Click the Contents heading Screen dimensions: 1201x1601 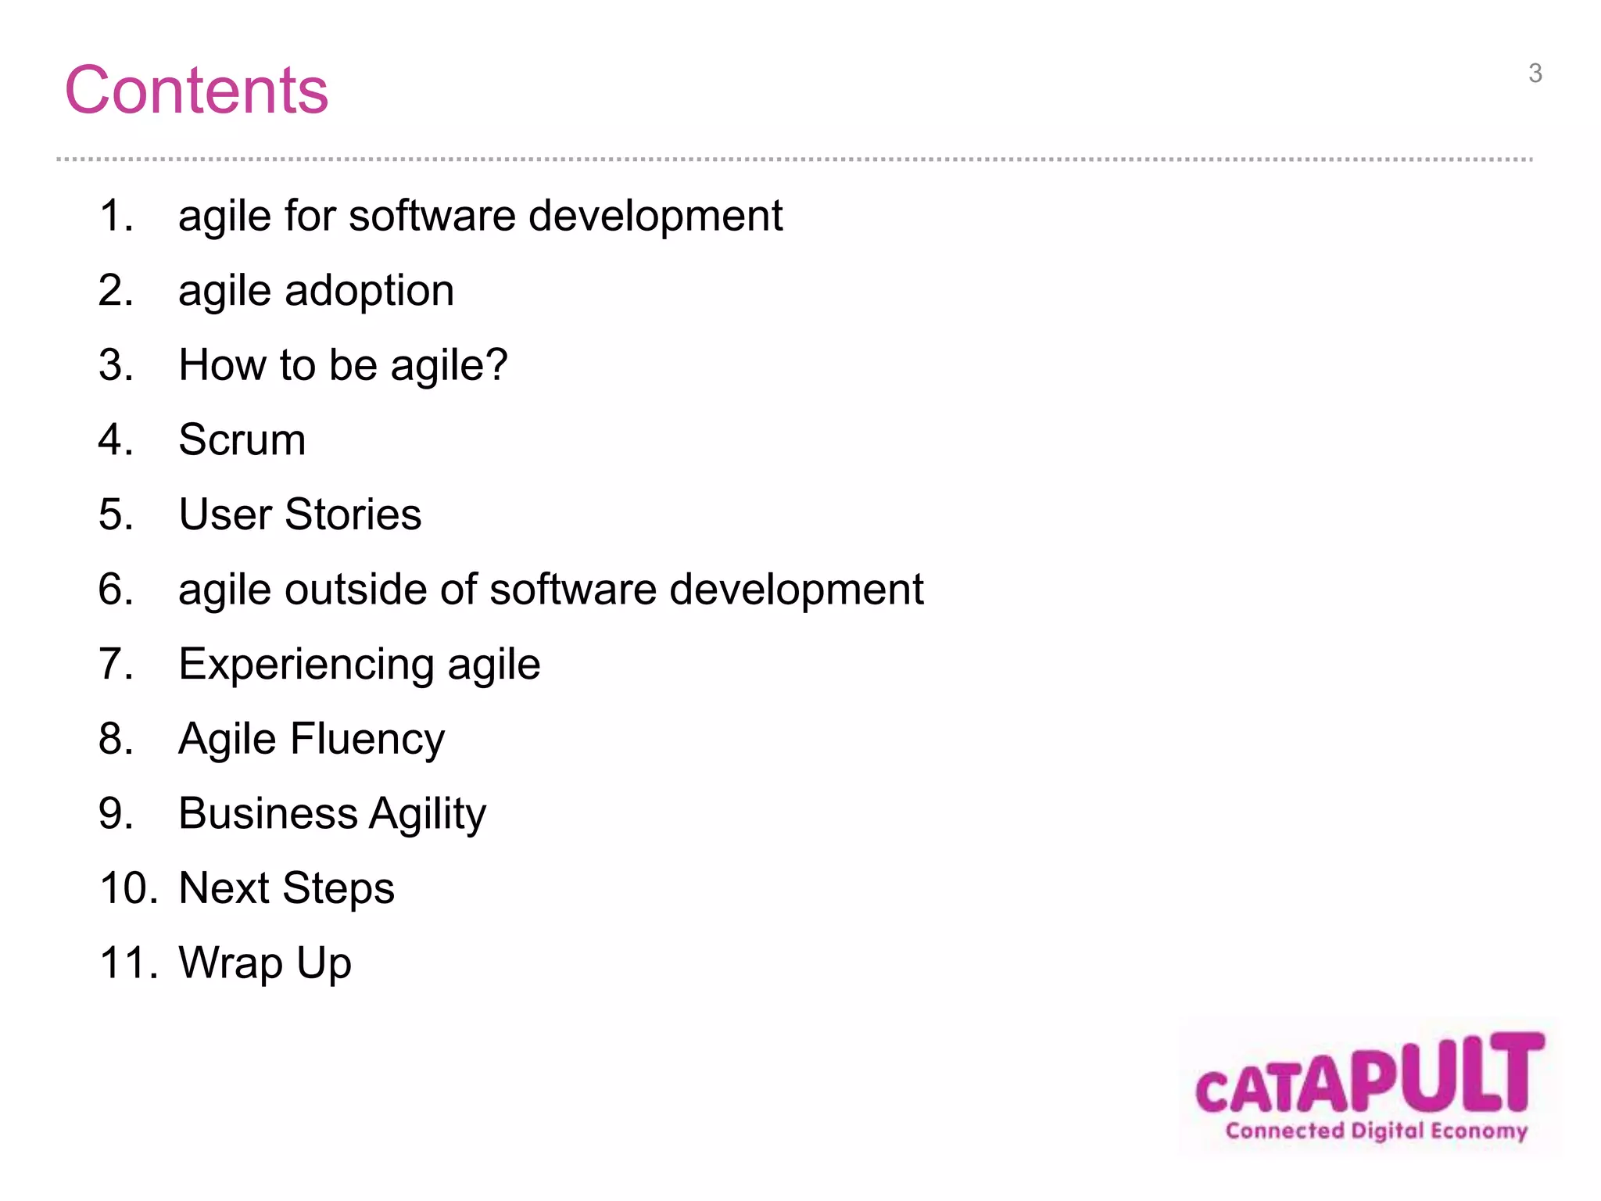tap(196, 90)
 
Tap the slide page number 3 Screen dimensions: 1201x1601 tap(1535, 73)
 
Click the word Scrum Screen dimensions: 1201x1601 tap(242, 439)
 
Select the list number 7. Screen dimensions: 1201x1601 tap(115, 664)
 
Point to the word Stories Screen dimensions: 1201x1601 tap(353, 514)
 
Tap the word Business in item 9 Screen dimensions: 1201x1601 tap(267, 814)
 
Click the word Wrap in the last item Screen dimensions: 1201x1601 tap(231, 963)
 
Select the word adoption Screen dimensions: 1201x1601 tap(369, 291)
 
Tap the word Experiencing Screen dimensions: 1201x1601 tap(306, 665)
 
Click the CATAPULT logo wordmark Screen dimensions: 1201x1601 tap(1370, 1074)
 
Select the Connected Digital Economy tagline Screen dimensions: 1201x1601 tap(1376, 1131)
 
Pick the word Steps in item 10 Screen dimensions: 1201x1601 tap(338, 889)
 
